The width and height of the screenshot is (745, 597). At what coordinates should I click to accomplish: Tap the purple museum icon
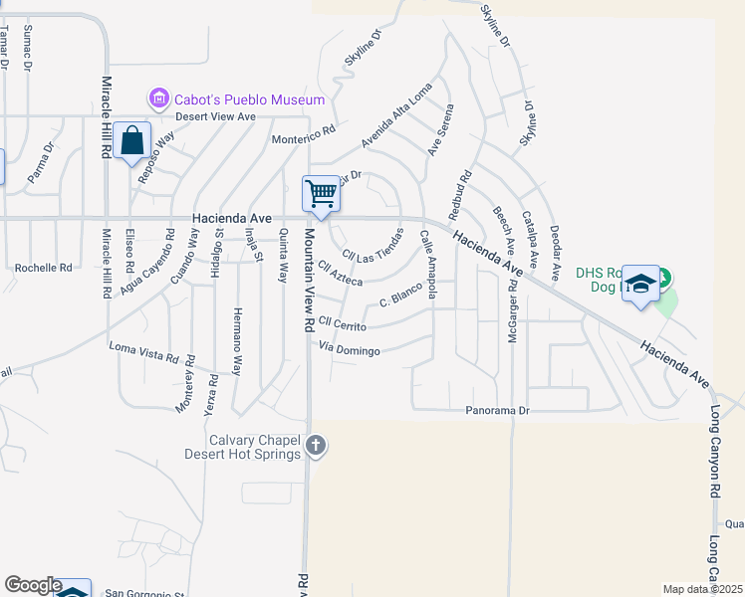click(158, 99)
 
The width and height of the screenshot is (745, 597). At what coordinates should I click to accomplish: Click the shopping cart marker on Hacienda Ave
click(322, 193)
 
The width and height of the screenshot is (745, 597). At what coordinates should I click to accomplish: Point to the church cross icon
click(316, 446)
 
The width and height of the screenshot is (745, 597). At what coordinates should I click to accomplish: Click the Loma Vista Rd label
click(143, 347)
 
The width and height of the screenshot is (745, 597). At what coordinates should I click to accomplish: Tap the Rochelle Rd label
click(44, 268)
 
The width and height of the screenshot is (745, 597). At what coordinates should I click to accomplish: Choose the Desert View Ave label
click(216, 116)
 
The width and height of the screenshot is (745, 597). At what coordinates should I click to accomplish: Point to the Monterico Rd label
click(304, 134)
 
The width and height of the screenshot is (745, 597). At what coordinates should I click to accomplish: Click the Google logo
click(33, 585)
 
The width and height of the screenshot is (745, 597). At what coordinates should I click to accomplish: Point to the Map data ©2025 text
click(702, 589)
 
